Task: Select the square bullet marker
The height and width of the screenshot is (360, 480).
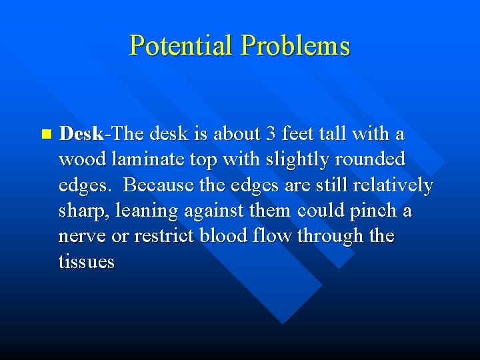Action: (x=45, y=134)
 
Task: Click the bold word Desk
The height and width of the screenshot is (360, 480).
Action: (x=81, y=133)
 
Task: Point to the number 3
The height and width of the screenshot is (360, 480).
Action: (x=271, y=133)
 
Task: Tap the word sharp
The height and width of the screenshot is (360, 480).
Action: (x=84, y=211)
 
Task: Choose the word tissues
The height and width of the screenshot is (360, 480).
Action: (x=87, y=261)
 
